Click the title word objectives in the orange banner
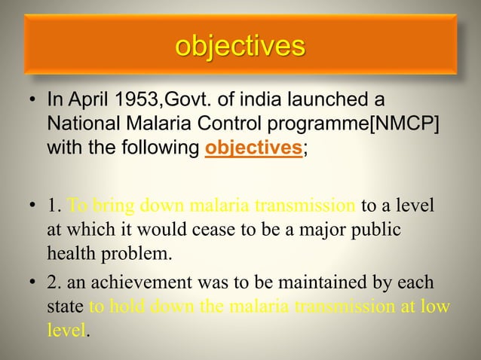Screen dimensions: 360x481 pyautogui.click(x=240, y=46)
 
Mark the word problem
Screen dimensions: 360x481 pyautogui.click(x=139, y=251)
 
